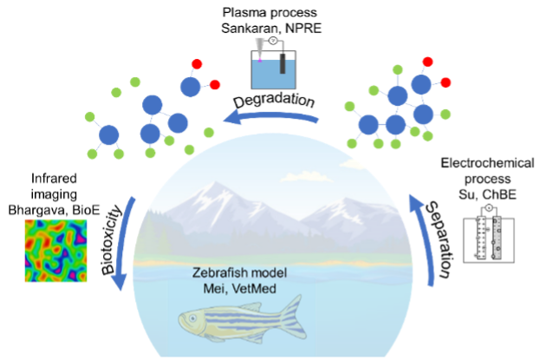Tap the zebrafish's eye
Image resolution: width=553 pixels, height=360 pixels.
(x=192, y=320)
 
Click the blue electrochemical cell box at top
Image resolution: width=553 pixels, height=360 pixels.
(x=274, y=74)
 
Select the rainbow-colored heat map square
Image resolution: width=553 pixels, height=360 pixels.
(x=56, y=250)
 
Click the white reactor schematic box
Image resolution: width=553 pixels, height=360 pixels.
(x=487, y=234)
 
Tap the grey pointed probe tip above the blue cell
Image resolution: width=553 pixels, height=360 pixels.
(x=259, y=46)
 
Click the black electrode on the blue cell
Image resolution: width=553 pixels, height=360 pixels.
(x=282, y=62)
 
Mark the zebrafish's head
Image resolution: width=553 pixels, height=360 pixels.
(x=196, y=323)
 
